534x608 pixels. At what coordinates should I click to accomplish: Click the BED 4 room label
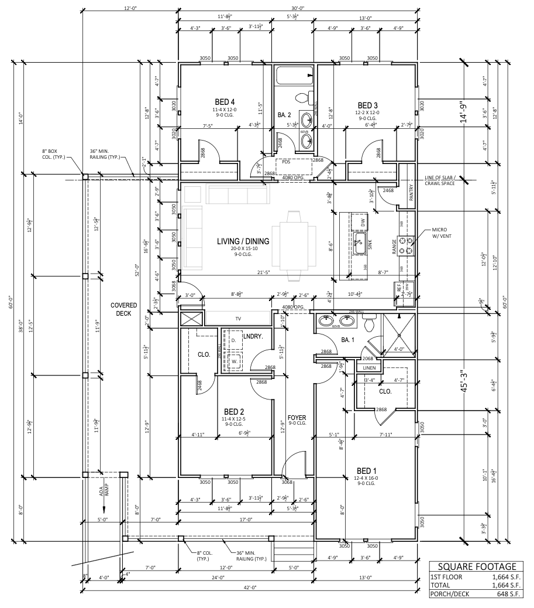point(225,101)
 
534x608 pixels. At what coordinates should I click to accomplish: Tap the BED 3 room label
point(368,104)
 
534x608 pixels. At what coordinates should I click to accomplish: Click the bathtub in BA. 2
point(295,76)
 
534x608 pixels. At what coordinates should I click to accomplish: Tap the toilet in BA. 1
point(369,322)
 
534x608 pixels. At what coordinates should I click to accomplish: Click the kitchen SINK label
point(370,242)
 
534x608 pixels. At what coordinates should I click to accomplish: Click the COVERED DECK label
point(123,309)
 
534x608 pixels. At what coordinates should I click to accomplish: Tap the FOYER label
point(297,418)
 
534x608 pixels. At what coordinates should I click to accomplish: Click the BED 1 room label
point(367,470)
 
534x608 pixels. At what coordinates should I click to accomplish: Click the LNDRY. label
point(252,336)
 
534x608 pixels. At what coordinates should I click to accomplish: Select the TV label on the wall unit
point(238,319)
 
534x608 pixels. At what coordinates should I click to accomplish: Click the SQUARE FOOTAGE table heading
point(477,566)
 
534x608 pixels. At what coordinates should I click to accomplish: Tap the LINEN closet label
point(369,368)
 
